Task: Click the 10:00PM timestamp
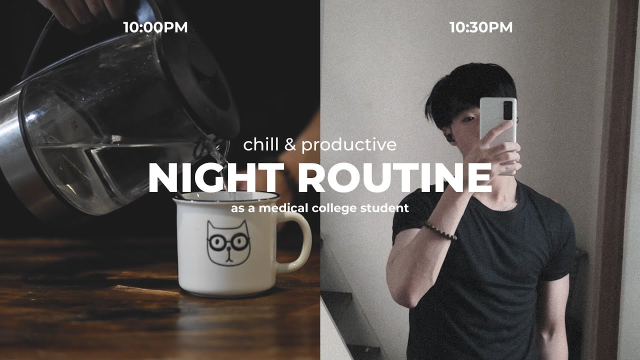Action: pyautogui.click(x=155, y=27)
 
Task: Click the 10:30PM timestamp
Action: pyautogui.click(x=481, y=27)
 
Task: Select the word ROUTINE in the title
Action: pyautogui.click(x=395, y=178)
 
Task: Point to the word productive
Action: pyautogui.click(x=349, y=145)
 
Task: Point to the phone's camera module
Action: pyautogui.click(x=508, y=110)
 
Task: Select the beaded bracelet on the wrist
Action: pyautogui.click(x=440, y=231)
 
